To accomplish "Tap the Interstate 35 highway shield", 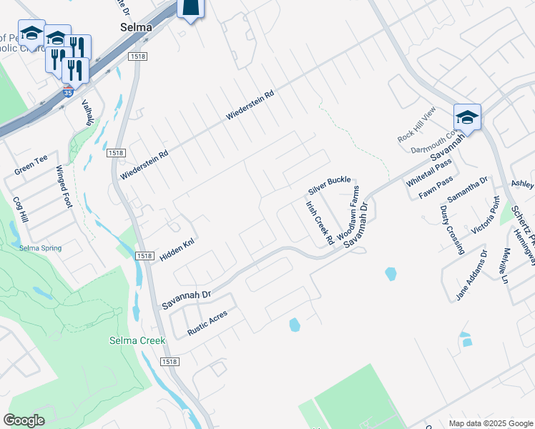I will (67, 92).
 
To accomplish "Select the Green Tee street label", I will (31, 167).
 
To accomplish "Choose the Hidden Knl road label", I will (177, 250).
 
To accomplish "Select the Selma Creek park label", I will (137, 340).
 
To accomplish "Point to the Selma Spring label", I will (40, 248).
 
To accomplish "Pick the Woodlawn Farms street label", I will (348, 213).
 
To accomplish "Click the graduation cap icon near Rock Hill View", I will (467, 117).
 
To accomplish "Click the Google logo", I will (24, 420).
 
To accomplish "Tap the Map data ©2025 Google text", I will (490, 423).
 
